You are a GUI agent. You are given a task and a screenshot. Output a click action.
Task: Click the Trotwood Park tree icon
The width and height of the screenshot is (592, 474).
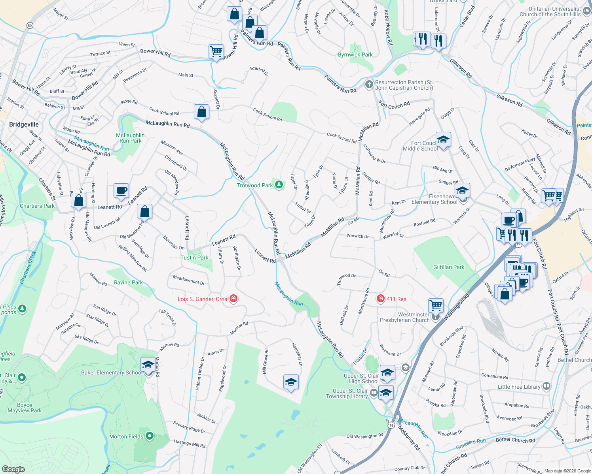279,185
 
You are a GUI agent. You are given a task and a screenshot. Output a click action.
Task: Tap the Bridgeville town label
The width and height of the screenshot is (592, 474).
24,124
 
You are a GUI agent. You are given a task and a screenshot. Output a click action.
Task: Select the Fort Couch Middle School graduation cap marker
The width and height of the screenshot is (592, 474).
443,140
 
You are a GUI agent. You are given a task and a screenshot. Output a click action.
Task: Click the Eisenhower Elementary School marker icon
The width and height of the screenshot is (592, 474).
462,191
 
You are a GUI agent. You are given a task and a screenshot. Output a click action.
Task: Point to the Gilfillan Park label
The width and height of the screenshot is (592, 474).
448,267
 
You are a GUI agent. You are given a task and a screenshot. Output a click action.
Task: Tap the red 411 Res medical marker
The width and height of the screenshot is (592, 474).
381,299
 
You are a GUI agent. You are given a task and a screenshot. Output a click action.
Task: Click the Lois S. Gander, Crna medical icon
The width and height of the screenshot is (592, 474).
233,299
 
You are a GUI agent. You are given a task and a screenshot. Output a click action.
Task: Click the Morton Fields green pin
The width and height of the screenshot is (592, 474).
150,436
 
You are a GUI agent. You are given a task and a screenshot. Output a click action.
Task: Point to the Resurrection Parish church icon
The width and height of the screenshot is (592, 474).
369,84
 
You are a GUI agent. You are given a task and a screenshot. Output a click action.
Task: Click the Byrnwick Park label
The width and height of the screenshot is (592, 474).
355,55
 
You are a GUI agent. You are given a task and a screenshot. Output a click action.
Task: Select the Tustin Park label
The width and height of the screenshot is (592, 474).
194,258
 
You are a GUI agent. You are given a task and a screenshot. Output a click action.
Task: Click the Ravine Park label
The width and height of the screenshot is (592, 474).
128,282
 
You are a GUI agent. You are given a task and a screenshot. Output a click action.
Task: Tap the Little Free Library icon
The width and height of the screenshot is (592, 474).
546,386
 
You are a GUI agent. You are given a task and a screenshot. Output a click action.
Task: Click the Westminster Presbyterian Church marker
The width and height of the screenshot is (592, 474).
436,316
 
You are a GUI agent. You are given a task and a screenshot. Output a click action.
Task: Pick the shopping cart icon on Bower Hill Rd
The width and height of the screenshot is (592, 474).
216,51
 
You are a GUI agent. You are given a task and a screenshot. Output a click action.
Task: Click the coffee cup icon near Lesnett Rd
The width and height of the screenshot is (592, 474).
121,190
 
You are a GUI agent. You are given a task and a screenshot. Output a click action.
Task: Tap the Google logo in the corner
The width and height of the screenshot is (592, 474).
13,469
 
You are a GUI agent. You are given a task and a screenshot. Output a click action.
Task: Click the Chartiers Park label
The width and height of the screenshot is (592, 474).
37,206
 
